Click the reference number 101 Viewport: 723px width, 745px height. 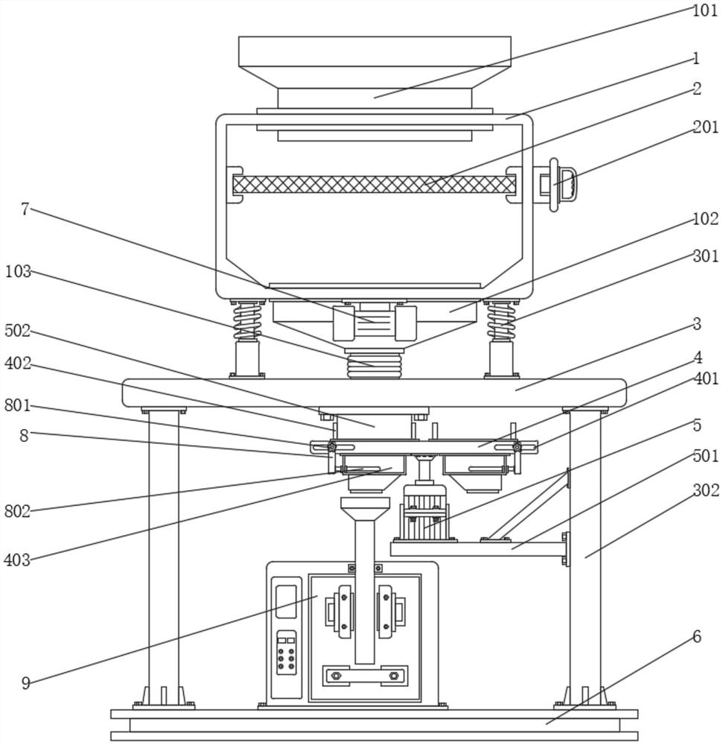point(705,10)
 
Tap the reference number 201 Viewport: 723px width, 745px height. point(705,127)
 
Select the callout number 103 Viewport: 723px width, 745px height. point(18,272)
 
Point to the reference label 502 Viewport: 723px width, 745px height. point(18,331)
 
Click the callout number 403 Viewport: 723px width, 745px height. point(17,560)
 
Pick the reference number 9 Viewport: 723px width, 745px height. point(26,683)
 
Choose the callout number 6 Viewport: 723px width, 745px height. point(697,637)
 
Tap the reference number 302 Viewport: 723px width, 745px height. point(706,490)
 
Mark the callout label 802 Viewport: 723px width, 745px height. point(18,512)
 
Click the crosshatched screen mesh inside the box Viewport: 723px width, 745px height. point(375,184)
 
